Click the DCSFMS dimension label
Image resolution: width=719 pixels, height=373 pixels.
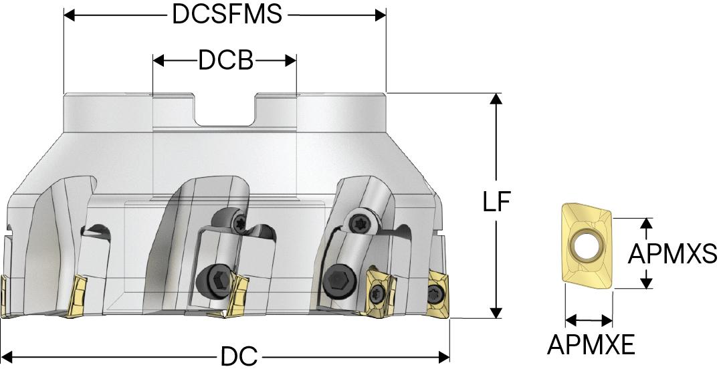(x=226, y=14)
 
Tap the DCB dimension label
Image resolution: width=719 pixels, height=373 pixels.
(x=225, y=61)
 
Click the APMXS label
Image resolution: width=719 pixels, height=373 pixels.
(x=672, y=253)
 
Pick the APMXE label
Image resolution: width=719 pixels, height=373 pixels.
(x=591, y=344)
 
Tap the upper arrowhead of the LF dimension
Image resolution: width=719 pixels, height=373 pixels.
(x=496, y=99)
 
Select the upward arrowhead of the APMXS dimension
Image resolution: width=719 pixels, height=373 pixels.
(x=646, y=224)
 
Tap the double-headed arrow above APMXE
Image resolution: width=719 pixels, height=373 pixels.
(x=589, y=320)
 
